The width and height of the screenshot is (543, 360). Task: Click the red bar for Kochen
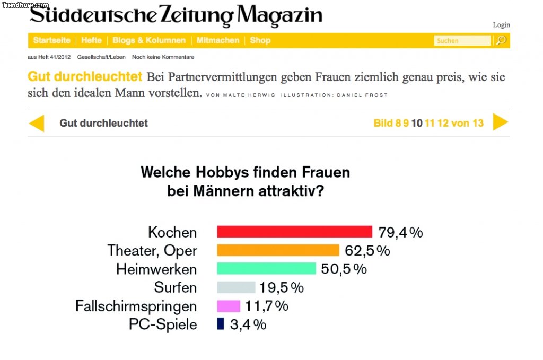(x=295, y=232)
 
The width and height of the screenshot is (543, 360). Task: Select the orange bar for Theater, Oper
(x=278, y=250)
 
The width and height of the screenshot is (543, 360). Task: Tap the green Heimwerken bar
(x=266, y=269)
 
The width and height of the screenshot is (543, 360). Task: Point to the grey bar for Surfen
(x=236, y=287)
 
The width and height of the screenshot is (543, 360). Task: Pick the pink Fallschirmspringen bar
(x=229, y=306)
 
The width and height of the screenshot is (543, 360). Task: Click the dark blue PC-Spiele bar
(x=221, y=324)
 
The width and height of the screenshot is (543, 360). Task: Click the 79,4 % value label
(x=400, y=232)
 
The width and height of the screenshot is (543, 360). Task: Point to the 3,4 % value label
(x=248, y=324)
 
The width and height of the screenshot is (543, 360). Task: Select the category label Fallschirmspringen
(x=136, y=306)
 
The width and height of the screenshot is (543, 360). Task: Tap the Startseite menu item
(x=51, y=40)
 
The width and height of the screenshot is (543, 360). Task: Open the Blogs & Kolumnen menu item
(x=149, y=40)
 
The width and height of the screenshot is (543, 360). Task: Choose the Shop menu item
(x=260, y=40)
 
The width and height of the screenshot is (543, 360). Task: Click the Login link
(x=501, y=25)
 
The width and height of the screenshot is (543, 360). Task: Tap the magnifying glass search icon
(x=501, y=40)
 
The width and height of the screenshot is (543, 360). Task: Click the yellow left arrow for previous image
(x=37, y=123)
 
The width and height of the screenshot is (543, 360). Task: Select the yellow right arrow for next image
(x=500, y=122)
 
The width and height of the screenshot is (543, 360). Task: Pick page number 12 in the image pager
(x=443, y=123)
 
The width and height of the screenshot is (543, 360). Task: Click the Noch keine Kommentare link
(x=163, y=57)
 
